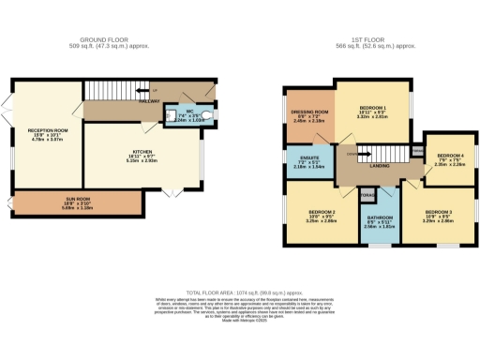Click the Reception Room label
[x=47, y=132]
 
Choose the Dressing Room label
[x=307, y=113]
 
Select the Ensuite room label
[x=306, y=160]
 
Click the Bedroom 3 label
[x=438, y=214]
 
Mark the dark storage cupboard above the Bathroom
[x=367, y=195]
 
